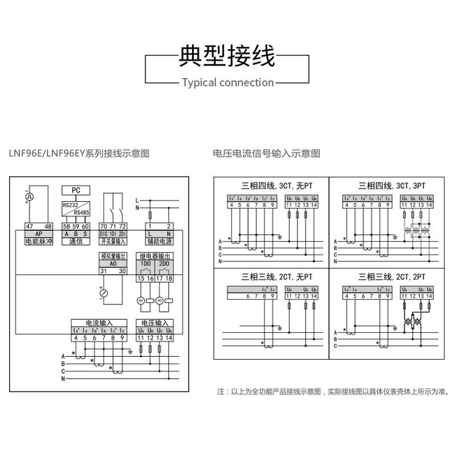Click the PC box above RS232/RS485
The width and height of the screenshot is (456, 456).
click(76, 190)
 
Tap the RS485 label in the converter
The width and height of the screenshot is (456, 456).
click(82, 212)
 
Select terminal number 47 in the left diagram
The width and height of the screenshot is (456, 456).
click(29, 227)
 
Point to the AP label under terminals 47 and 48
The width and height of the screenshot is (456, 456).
click(39, 234)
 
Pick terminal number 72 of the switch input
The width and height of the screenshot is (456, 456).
click(122, 227)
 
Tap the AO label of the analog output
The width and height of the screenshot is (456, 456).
click(112, 264)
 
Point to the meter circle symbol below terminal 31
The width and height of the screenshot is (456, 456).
click(104, 293)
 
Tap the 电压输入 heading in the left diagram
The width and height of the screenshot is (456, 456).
click(154, 323)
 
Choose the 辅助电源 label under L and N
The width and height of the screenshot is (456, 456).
click(154, 242)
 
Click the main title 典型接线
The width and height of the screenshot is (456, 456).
click(227, 55)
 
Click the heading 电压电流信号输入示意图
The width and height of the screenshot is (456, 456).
click(267, 153)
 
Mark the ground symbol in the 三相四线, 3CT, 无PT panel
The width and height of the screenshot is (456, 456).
click(280, 236)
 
